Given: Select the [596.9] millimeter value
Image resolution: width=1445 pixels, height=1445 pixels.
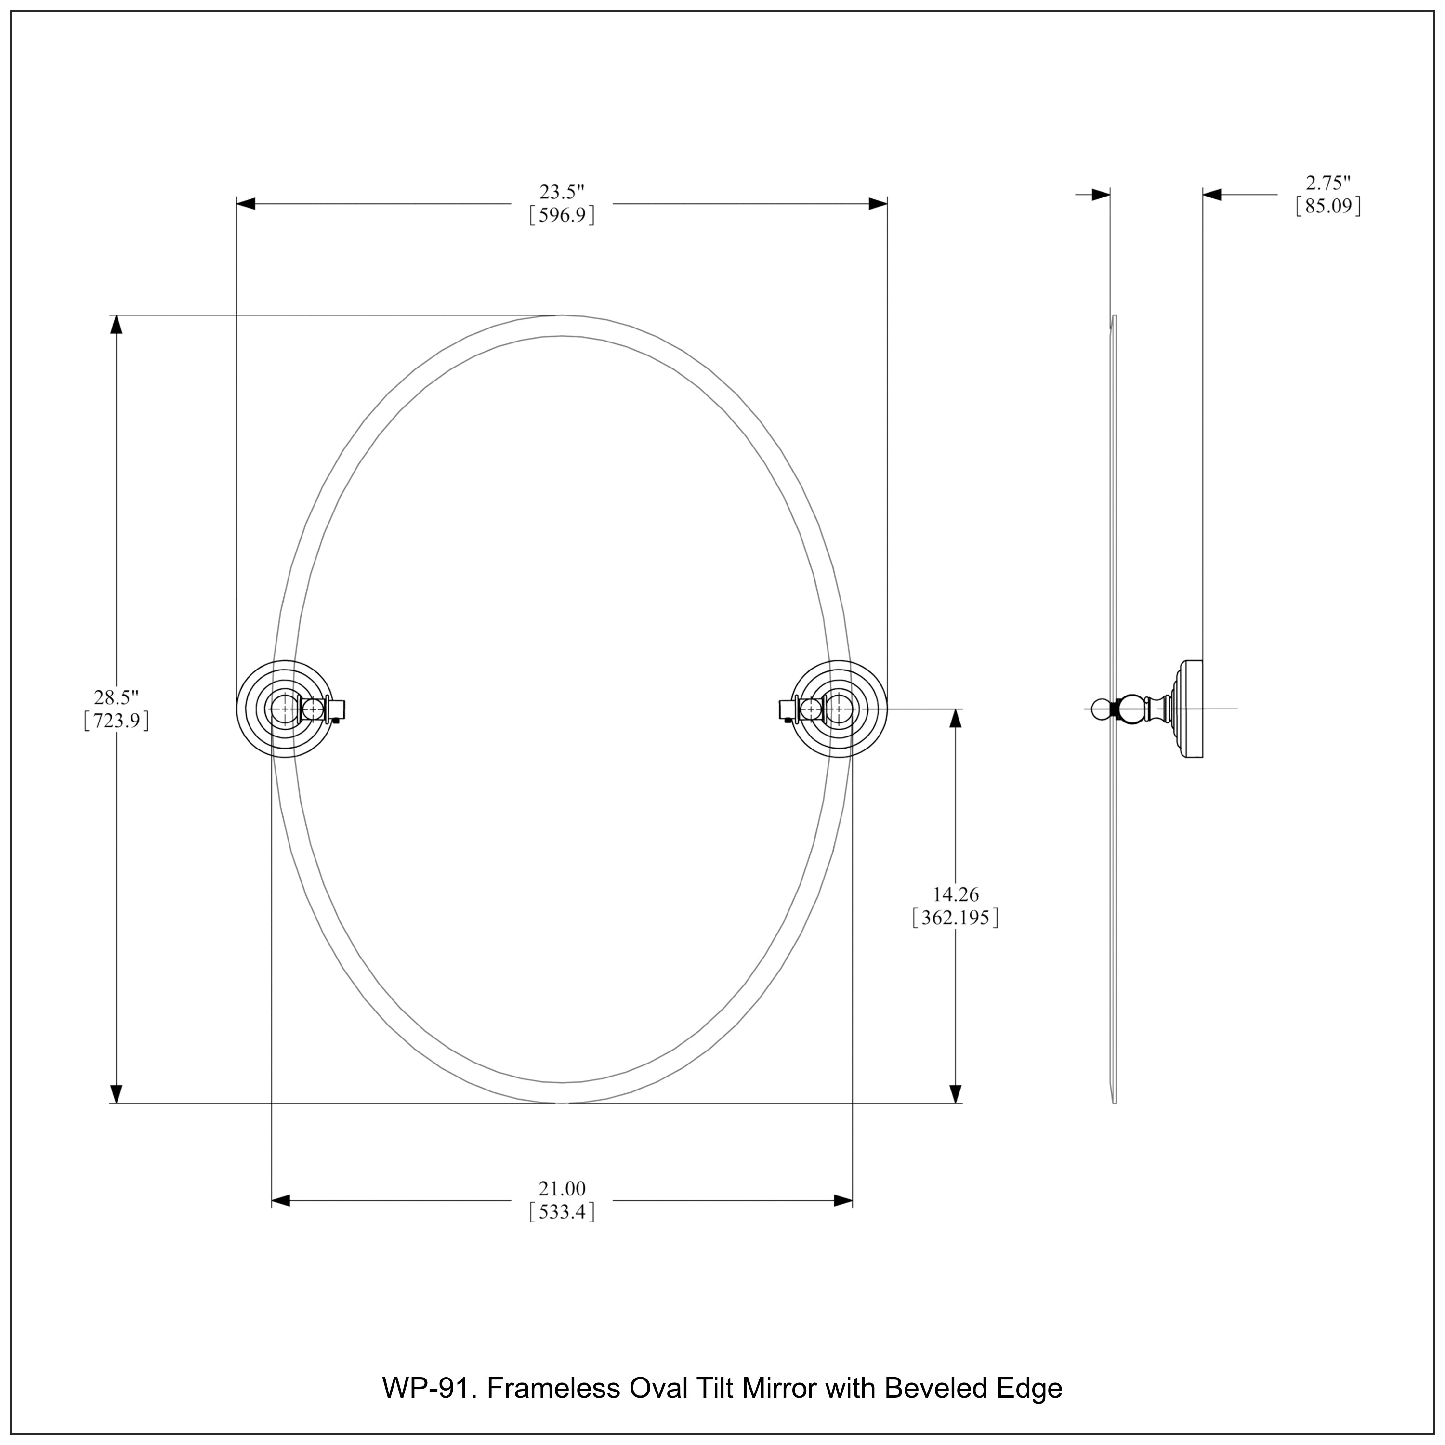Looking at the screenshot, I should [x=562, y=216].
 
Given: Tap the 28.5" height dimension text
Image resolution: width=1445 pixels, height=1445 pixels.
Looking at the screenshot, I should [x=117, y=698].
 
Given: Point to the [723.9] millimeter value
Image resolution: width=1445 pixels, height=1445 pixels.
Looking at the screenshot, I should [x=117, y=721].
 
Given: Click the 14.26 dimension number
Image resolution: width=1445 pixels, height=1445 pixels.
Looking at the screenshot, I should [x=955, y=894].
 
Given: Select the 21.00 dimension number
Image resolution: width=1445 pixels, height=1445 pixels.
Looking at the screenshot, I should [x=562, y=1188].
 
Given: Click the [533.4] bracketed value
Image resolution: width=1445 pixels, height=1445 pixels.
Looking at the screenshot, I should [x=562, y=1212].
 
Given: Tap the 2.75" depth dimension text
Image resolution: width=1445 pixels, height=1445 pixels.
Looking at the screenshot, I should [x=1328, y=183].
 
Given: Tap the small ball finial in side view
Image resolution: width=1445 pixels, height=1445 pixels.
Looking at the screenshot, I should [x=1100, y=708].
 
